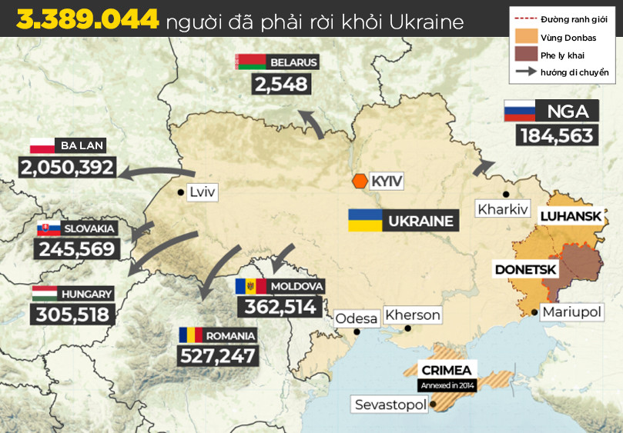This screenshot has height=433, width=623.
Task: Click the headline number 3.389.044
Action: pyautogui.click(x=87, y=20)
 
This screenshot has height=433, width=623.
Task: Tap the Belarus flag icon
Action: pyautogui.click(x=247, y=62)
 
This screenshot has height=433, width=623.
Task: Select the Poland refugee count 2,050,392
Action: pyautogui.click(x=68, y=167)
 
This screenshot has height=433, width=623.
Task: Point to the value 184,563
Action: pyautogui.click(x=557, y=135)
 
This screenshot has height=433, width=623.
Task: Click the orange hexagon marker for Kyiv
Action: pyautogui.click(x=360, y=181)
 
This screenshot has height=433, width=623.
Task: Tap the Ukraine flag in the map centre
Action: pyautogui.click(x=365, y=221)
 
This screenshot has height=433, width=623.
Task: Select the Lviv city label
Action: pyautogui.click(x=203, y=192)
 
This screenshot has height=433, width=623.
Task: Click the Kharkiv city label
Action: pyautogui.click(x=502, y=208)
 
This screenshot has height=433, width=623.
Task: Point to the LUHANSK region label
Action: pyautogui.click(x=570, y=216)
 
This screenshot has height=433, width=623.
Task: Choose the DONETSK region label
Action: pyautogui.click(x=526, y=270)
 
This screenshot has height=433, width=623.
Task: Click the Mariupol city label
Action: pyautogui.click(x=571, y=311)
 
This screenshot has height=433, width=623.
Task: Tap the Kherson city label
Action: pyautogui.click(x=413, y=315)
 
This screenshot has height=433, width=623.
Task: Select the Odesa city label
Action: pyautogui.click(x=357, y=318)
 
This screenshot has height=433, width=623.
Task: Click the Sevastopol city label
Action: pyautogui.click(x=390, y=404)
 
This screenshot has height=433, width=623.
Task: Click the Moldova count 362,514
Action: pyautogui.click(x=280, y=307)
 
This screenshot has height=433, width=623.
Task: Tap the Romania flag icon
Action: pyautogui.click(x=191, y=335)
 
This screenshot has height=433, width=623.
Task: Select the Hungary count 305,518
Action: pyautogui.click(x=73, y=314)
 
